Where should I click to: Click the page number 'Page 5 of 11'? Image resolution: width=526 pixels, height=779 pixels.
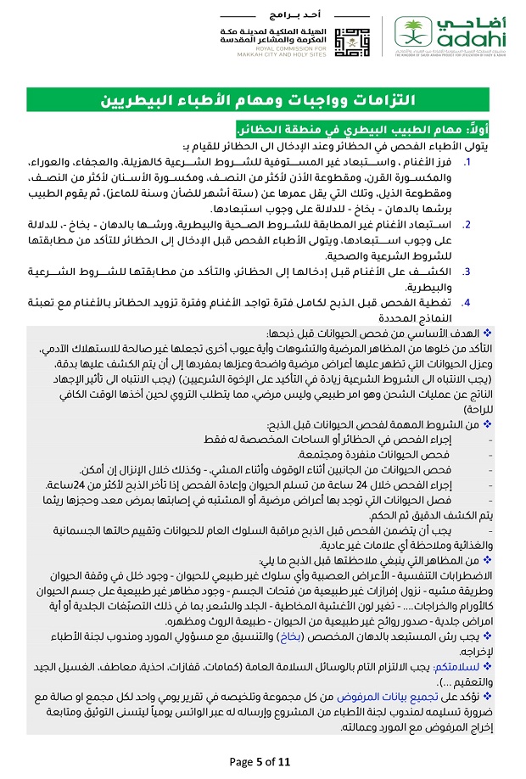(x=263, y=760)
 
